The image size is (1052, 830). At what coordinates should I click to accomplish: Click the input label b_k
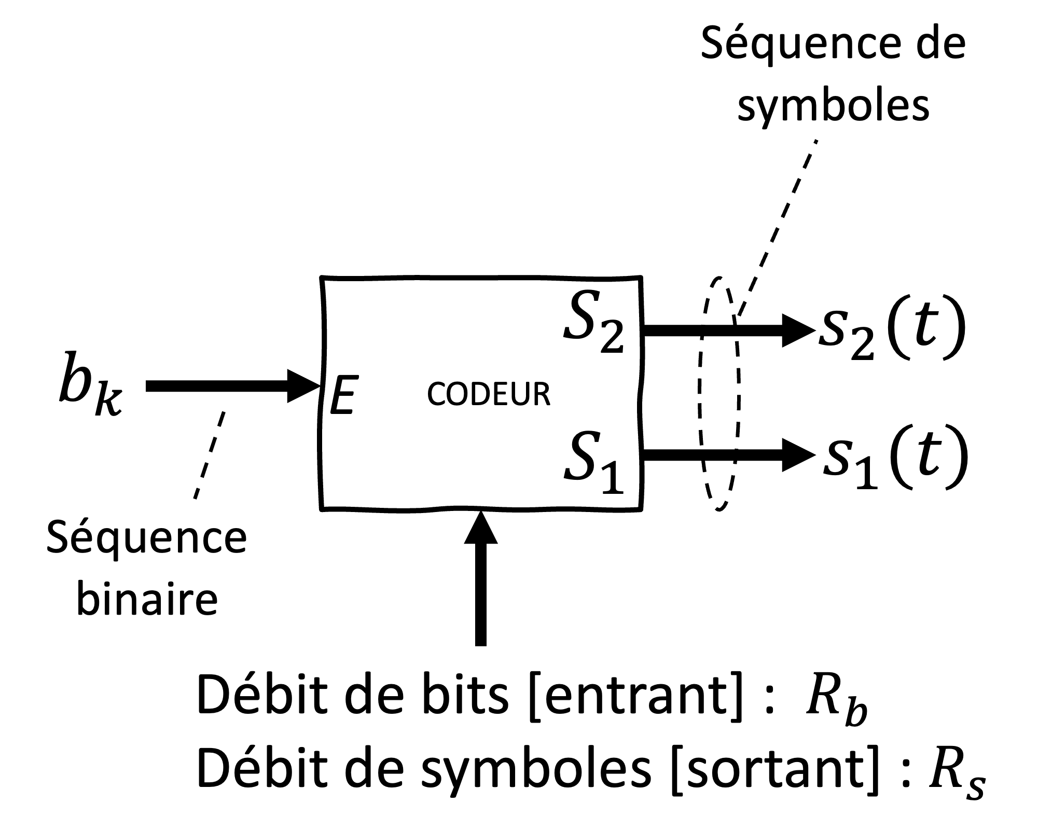coord(89,385)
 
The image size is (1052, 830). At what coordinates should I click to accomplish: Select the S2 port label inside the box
coord(594,322)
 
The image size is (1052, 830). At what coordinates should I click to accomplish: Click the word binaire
coord(147,600)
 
